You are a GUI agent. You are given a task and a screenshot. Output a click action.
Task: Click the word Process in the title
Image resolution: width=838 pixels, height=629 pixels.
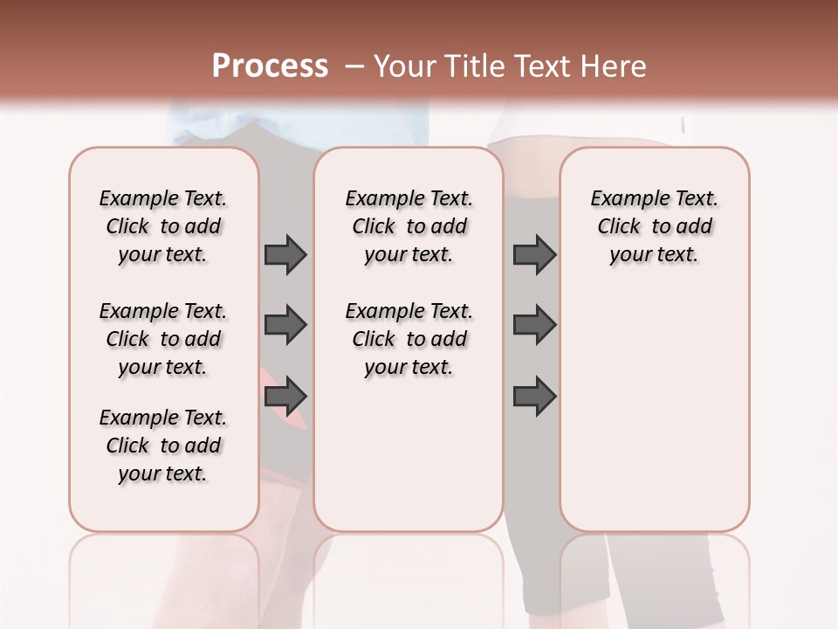pos(270,66)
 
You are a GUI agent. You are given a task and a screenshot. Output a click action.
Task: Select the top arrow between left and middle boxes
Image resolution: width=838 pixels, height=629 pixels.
pos(285,254)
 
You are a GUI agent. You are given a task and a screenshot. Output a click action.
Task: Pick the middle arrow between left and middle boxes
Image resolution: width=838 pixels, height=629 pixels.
pos(285,325)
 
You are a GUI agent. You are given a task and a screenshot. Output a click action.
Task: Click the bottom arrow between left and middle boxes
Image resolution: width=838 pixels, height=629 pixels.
pos(285,396)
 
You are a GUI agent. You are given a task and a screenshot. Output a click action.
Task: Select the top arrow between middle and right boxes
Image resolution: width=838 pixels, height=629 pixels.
pos(534,254)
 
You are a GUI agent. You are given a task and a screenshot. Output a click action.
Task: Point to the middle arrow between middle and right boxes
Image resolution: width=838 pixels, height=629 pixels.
pos(534,325)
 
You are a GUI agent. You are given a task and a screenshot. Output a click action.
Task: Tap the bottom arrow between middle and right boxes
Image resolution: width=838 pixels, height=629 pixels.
pos(534,396)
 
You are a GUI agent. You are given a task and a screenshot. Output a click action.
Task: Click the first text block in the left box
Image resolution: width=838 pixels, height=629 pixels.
pos(163,226)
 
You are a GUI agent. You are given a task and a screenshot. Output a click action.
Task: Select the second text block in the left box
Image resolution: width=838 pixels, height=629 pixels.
pos(163,339)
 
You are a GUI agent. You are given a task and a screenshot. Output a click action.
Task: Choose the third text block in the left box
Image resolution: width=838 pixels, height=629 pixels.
pos(163,446)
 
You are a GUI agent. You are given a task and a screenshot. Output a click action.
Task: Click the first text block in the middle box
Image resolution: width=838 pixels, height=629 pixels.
pos(409,226)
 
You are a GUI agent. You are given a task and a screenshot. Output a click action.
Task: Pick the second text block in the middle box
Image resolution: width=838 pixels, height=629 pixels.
pos(409,339)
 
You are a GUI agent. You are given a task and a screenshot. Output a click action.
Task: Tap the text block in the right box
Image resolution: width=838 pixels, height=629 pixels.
pos(655,226)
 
